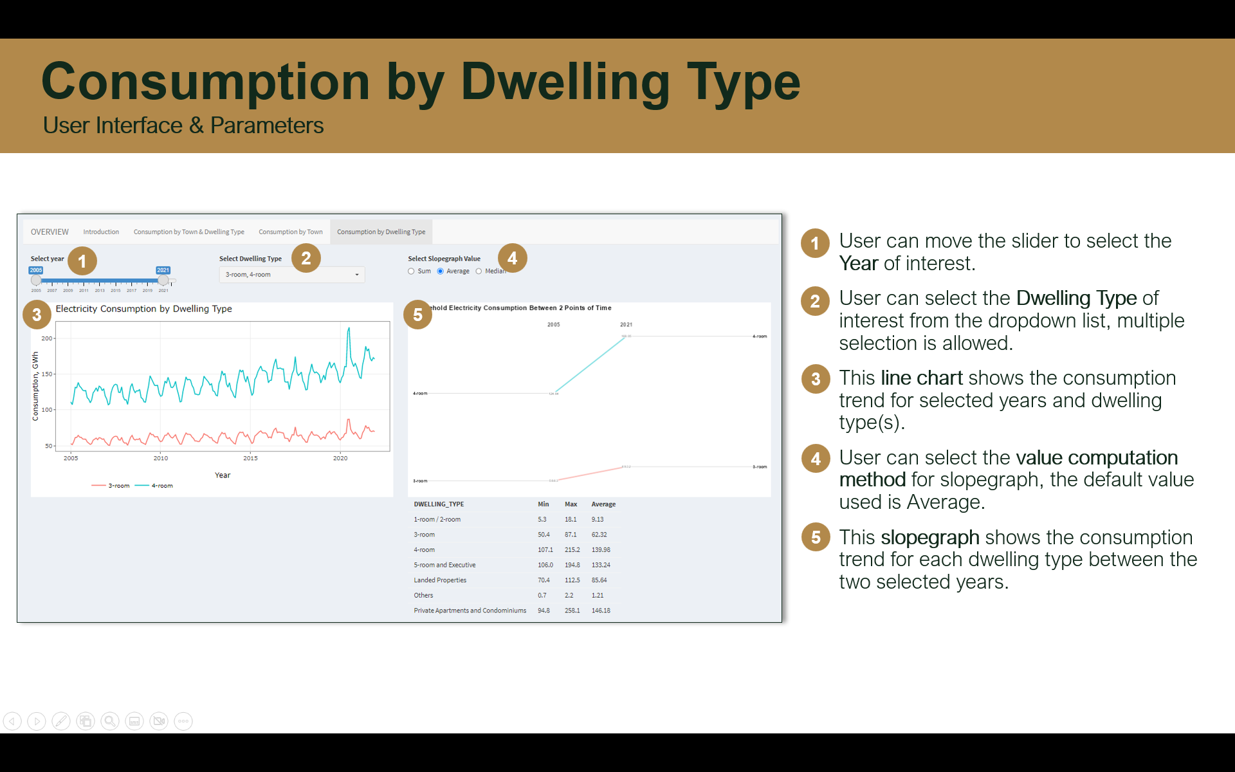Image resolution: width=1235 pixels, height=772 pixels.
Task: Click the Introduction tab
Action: click(101, 232)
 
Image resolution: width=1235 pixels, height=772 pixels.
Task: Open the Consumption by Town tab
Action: click(290, 232)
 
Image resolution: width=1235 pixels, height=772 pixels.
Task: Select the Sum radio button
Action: click(412, 271)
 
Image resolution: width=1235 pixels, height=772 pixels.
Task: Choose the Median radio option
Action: click(479, 271)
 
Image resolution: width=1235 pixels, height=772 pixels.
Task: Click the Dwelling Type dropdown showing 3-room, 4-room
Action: click(291, 275)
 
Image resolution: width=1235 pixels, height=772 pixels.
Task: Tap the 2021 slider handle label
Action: click(163, 270)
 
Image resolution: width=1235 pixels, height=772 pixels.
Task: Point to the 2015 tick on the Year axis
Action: click(250, 458)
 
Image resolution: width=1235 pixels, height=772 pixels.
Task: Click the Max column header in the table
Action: click(571, 504)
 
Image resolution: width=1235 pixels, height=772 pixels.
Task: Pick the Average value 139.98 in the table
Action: click(601, 550)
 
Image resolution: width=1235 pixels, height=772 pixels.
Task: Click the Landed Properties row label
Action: click(440, 580)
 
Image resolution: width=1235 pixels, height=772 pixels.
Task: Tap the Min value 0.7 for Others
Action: click(542, 596)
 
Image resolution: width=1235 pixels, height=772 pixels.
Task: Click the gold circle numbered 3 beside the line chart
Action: click(37, 315)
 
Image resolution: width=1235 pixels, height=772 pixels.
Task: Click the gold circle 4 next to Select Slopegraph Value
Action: click(512, 259)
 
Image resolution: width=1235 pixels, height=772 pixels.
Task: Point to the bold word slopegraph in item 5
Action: click(929, 537)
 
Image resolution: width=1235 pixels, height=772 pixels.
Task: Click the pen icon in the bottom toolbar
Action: click(61, 721)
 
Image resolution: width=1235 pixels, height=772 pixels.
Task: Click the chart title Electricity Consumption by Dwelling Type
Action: click(143, 309)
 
